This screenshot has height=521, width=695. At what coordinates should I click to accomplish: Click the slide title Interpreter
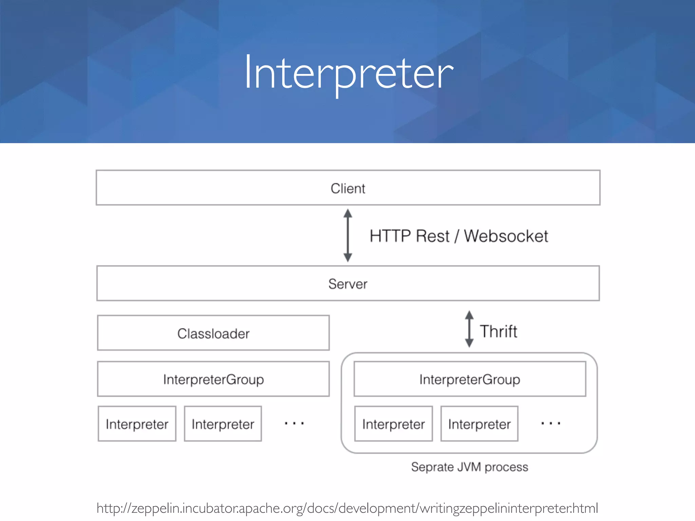coord(348,73)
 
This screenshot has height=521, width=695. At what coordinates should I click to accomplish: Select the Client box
coord(348,188)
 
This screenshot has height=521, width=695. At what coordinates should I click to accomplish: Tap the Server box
coord(348,284)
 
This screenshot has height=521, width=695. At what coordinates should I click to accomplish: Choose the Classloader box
coord(213,333)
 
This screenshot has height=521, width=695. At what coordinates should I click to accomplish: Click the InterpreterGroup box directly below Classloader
coord(213,379)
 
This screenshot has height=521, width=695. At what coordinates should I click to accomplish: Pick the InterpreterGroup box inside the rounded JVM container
coord(470,379)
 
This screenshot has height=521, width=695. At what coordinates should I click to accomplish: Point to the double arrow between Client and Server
coord(347,235)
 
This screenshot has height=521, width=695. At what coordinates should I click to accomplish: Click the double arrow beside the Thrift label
coord(469,329)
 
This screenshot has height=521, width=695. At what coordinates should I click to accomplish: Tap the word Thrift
coord(498,331)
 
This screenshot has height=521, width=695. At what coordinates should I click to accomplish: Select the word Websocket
coord(506,236)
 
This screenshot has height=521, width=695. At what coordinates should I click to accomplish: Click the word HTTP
coord(390,236)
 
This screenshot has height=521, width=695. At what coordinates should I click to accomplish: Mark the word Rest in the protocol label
coord(432,236)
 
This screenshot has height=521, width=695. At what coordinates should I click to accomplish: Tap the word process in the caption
coord(506,467)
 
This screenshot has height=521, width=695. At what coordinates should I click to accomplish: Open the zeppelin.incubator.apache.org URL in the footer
coord(347,508)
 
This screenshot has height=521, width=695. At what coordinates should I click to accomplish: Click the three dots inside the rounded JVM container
coord(550,423)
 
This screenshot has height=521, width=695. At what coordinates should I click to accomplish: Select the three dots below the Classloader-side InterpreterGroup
coord(294,423)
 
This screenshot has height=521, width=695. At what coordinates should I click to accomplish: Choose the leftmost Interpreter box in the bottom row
coord(137,424)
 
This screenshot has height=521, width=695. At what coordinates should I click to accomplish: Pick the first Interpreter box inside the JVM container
coord(393,424)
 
